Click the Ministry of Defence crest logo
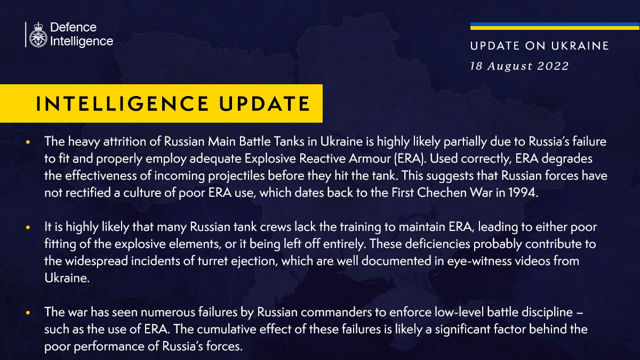[x=38, y=35]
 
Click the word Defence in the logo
[x=74, y=27]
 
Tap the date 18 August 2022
[x=519, y=66]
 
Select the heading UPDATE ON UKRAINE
[x=539, y=46]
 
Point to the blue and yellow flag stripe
[x=555, y=26]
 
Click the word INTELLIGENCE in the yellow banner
[x=122, y=103]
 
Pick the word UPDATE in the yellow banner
[x=265, y=103]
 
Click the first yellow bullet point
[x=28, y=142]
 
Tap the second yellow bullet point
[x=28, y=227]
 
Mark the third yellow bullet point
[x=28, y=313]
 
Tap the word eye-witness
[x=479, y=261]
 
